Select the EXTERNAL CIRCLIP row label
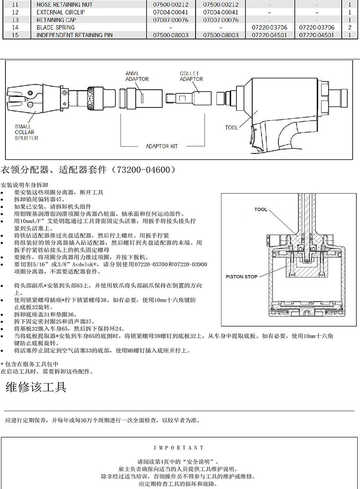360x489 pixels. (x=61, y=12)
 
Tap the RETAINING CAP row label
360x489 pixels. (x=57, y=20)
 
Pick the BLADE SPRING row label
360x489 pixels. (x=55, y=27)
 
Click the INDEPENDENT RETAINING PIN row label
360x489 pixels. (x=74, y=35)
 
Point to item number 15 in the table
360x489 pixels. (x=15, y=35)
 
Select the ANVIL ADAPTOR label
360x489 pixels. (x=137, y=76)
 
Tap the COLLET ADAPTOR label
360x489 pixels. (x=191, y=76)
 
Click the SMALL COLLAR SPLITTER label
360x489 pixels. (x=26, y=132)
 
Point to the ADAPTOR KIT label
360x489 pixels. (x=161, y=147)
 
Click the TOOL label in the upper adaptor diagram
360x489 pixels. (x=231, y=127)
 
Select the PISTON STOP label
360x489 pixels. (x=242, y=276)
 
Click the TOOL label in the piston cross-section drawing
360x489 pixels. (x=261, y=209)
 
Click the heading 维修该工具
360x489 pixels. (x=36, y=387)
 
